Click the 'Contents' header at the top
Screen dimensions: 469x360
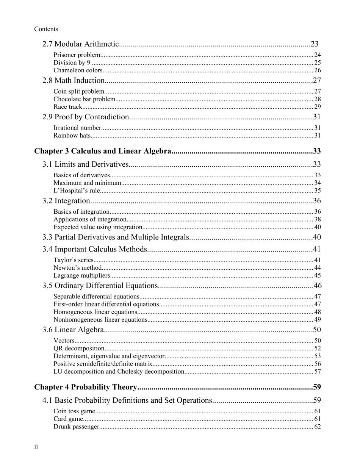(x=46, y=29)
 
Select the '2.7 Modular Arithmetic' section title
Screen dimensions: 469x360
(x=81, y=44)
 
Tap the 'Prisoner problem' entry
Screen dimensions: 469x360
(x=77, y=55)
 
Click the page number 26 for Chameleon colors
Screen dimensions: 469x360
(x=318, y=70)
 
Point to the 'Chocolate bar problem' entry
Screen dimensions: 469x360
(x=84, y=99)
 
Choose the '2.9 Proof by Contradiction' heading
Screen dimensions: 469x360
(x=86, y=117)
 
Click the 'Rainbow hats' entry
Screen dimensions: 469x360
(x=72, y=136)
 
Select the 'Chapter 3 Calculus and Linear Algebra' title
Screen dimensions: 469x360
(x=102, y=152)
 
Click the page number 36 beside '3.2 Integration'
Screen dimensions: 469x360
(x=317, y=201)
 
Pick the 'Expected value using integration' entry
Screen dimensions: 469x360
(x=98, y=227)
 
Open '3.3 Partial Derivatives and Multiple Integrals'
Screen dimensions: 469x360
(x=115, y=238)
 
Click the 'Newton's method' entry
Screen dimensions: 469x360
(x=78, y=268)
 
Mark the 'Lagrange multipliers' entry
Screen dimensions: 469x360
(x=81, y=275)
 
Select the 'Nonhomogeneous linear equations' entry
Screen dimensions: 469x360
(x=100, y=320)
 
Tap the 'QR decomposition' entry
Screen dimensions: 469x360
(x=79, y=349)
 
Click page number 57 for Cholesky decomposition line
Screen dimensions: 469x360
(x=318, y=372)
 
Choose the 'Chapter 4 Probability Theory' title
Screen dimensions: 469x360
(x=85, y=387)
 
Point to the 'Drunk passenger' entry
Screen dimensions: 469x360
(x=76, y=427)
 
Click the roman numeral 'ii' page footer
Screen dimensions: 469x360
(x=36, y=447)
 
